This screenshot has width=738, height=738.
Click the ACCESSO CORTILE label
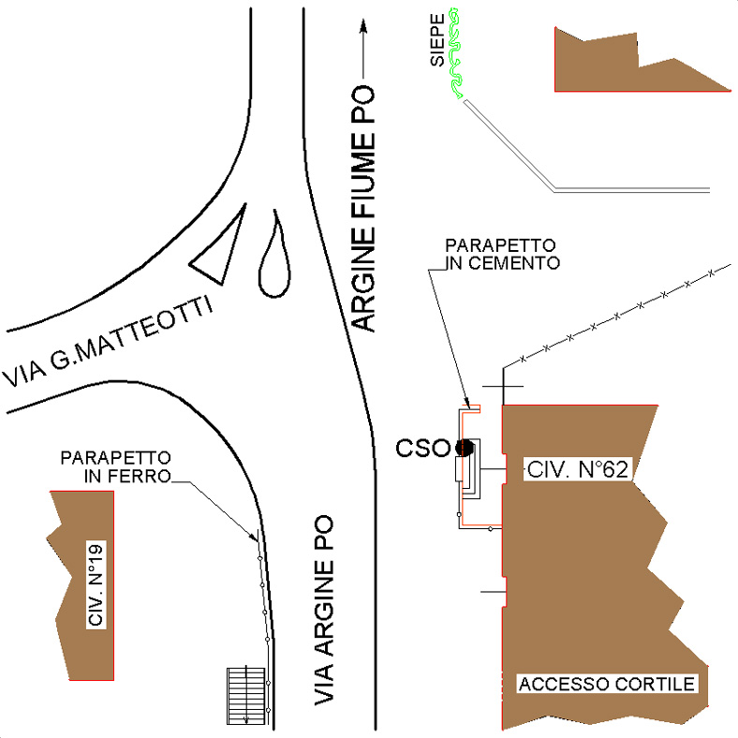coord(608,685)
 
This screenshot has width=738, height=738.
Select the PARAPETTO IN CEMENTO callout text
coord(504,254)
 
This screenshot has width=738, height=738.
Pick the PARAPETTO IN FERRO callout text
coord(116,466)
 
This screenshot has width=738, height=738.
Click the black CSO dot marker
coord(464,448)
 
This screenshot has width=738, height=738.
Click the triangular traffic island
coord(222,248)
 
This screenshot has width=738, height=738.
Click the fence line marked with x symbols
coord(618,315)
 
